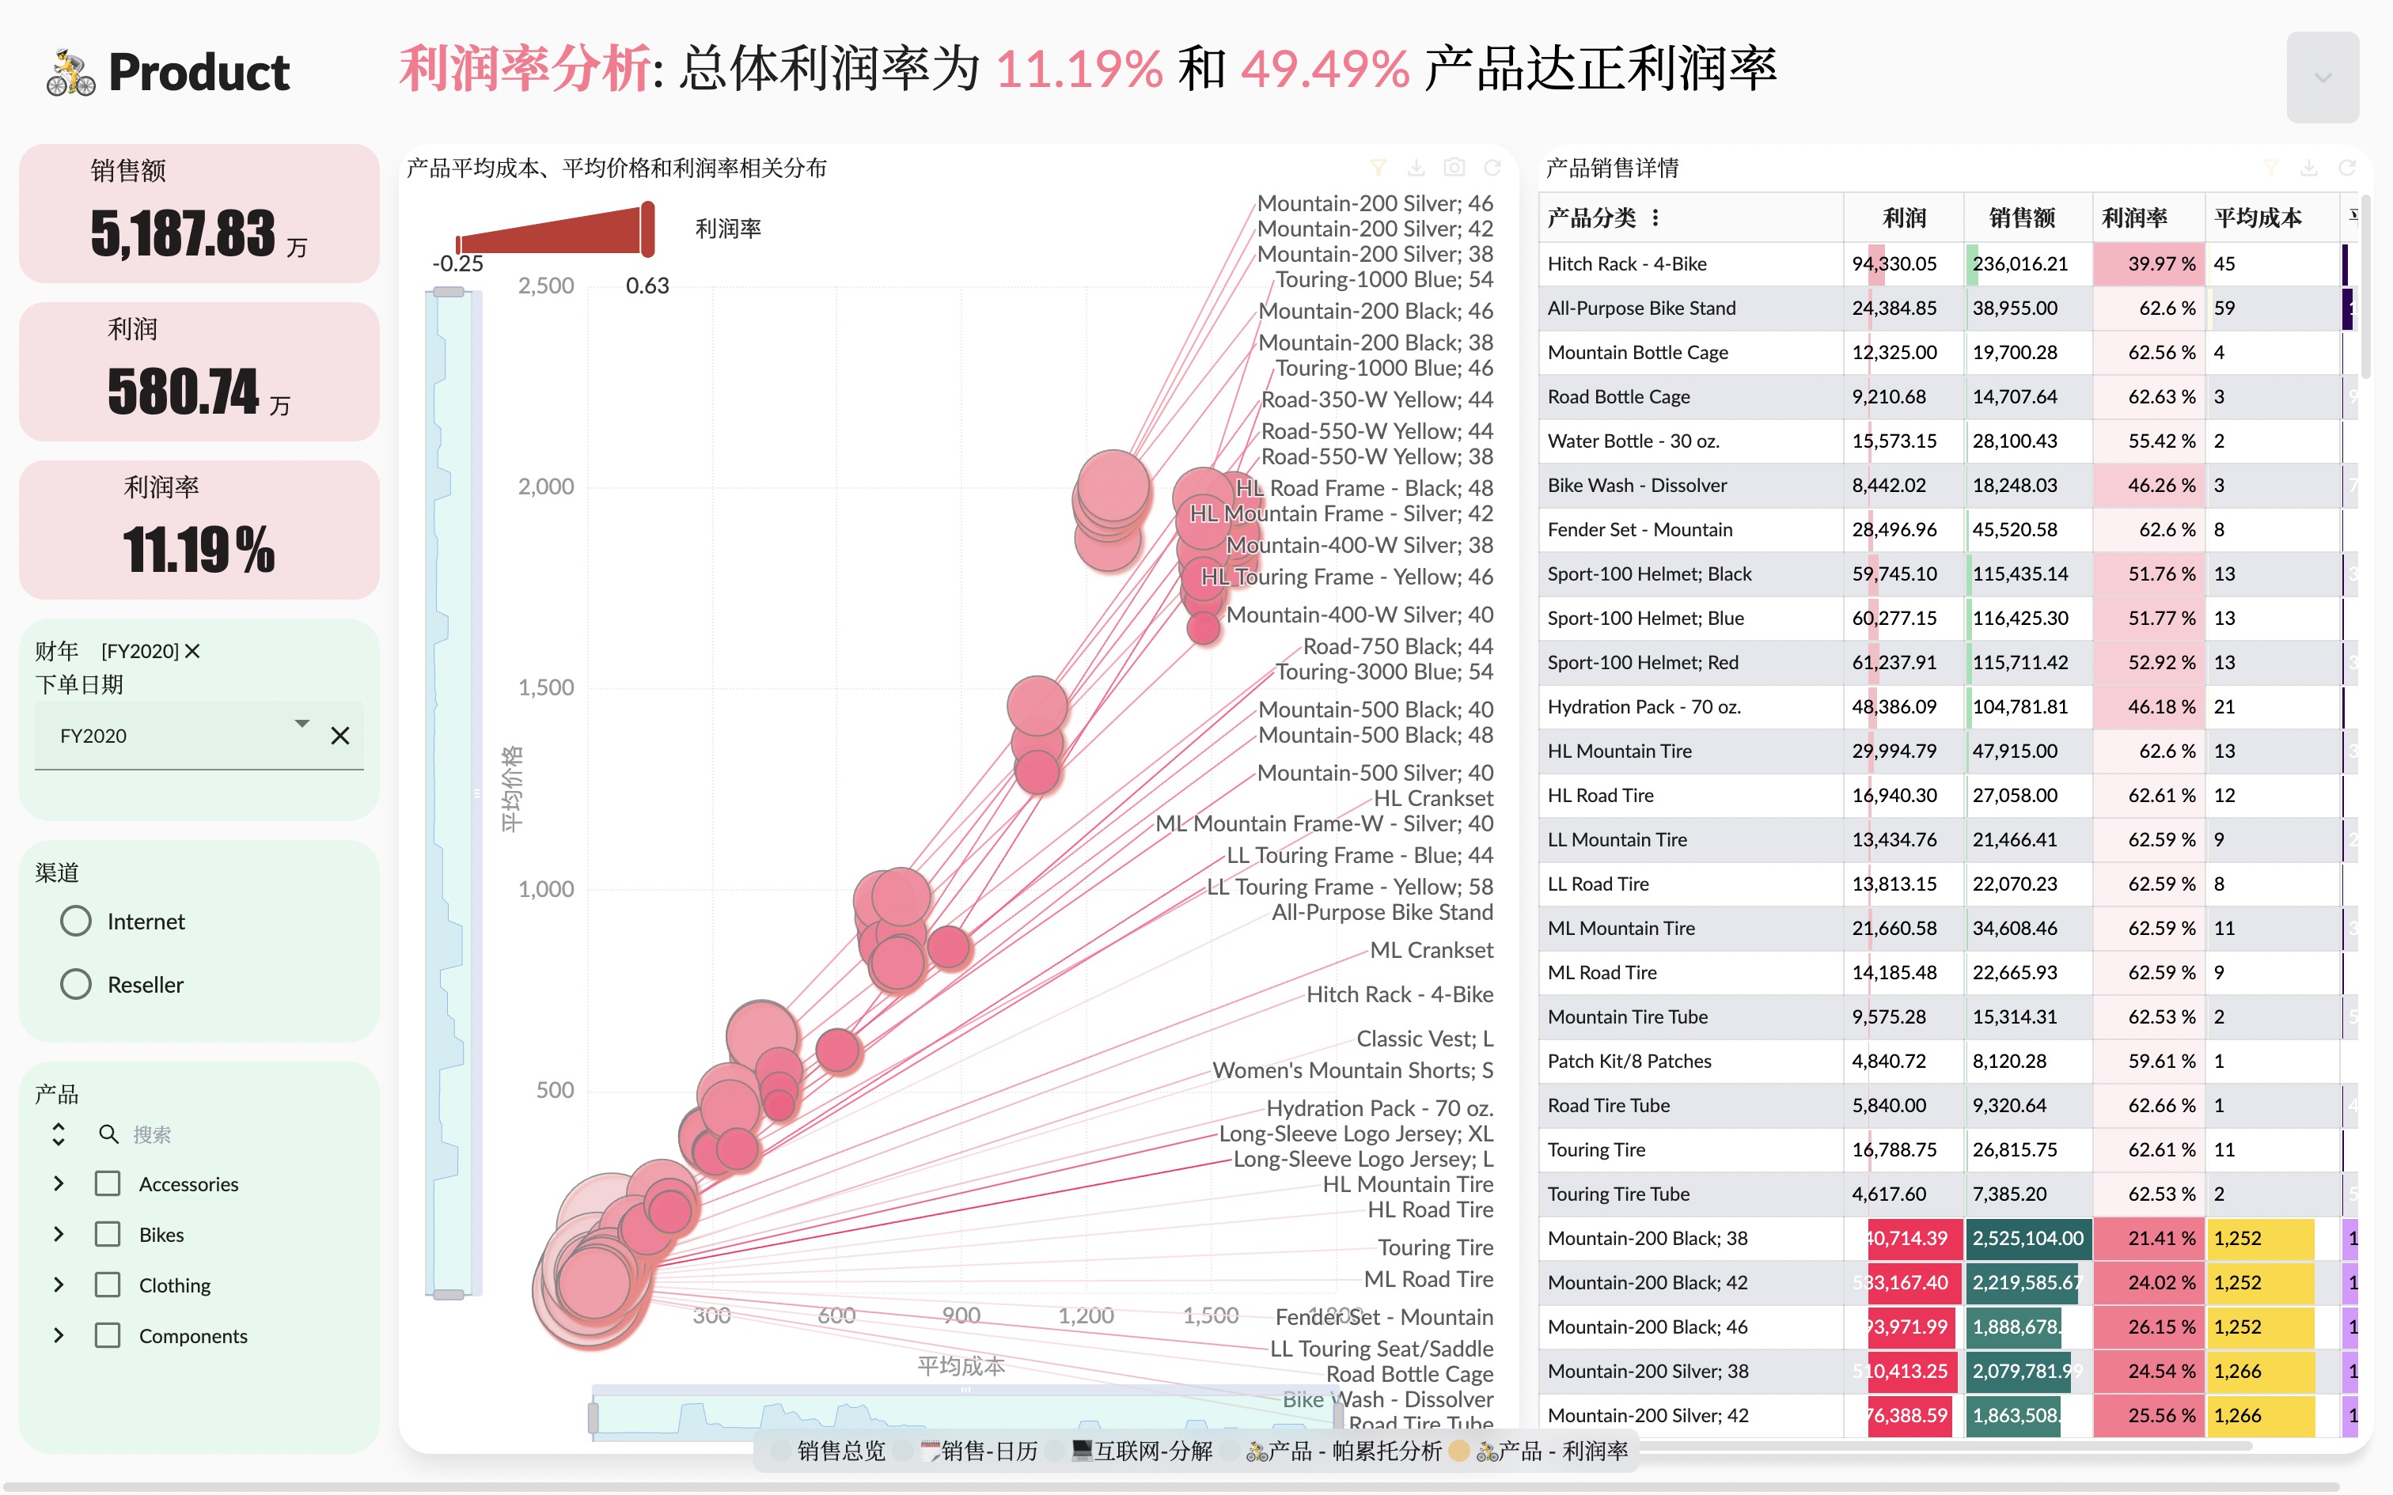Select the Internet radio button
(x=76, y=922)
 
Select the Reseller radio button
(x=76, y=985)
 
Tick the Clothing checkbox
(x=108, y=1285)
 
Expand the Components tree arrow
(x=59, y=1336)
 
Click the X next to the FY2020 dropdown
(x=340, y=736)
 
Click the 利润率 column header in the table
(x=2134, y=218)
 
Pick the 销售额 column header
(x=2021, y=218)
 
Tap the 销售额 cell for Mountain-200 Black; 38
(x=2027, y=1238)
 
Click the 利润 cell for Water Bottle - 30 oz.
(x=1894, y=441)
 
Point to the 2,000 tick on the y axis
(x=546, y=486)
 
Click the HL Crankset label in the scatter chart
(x=1433, y=798)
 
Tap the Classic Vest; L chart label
(x=1424, y=1038)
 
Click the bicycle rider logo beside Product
(x=70, y=73)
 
